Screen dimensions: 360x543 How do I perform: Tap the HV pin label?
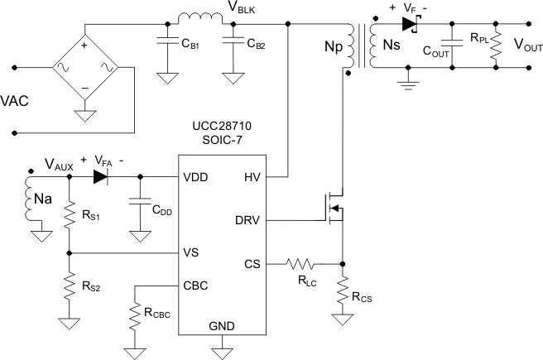(x=252, y=177)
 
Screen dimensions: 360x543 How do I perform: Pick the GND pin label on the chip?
(x=221, y=326)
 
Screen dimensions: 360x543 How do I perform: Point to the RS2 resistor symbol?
(x=69, y=286)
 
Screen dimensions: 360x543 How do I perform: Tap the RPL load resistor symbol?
(x=495, y=46)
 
